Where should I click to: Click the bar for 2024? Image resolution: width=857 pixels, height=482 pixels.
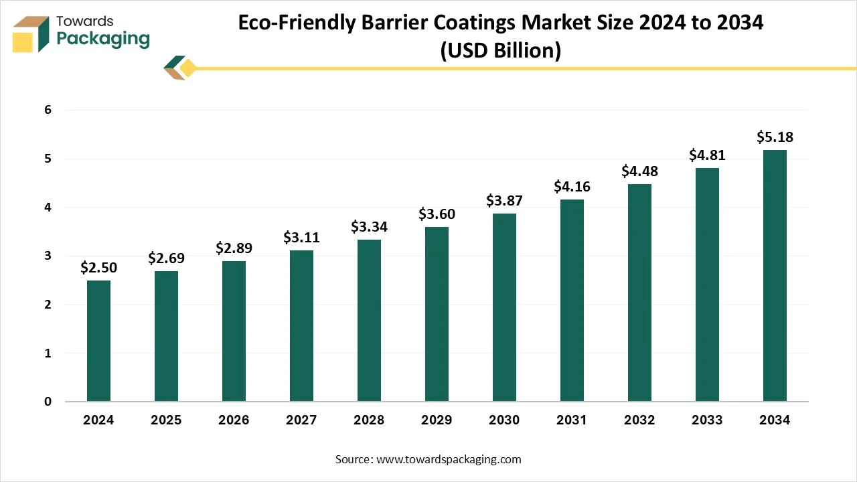(x=98, y=341)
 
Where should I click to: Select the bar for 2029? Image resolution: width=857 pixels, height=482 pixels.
(x=437, y=314)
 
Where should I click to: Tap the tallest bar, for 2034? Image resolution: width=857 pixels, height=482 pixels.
(x=775, y=276)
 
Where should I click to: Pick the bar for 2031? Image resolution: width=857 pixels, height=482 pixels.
(x=572, y=301)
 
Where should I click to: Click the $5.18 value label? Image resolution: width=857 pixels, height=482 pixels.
(x=775, y=137)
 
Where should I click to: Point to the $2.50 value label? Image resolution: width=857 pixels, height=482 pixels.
(x=98, y=268)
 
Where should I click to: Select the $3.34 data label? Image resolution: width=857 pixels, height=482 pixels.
(x=369, y=227)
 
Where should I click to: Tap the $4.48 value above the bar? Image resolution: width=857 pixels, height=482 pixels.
(x=639, y=171)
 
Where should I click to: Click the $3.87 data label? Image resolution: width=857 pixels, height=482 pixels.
(x=504, y=201)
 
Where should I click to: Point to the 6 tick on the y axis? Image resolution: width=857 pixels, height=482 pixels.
(x=48, y=110)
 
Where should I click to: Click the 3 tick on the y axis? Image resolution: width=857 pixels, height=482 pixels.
(x=48, y=256)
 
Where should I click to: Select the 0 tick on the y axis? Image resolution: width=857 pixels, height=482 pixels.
(x=48, y=402)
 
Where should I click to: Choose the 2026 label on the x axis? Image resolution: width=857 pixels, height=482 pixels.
(x=234, y=420)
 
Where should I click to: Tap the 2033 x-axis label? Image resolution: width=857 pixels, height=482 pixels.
(x=707, y=420)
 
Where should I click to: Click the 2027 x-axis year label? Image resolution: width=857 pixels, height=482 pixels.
(x=301, y=420)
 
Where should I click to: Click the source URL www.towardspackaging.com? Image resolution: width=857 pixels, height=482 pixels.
(x=449, y=459)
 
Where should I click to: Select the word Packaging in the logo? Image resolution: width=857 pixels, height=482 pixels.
(x=103, y=39)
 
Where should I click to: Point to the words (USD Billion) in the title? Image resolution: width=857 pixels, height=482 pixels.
(x=500, y=51)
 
